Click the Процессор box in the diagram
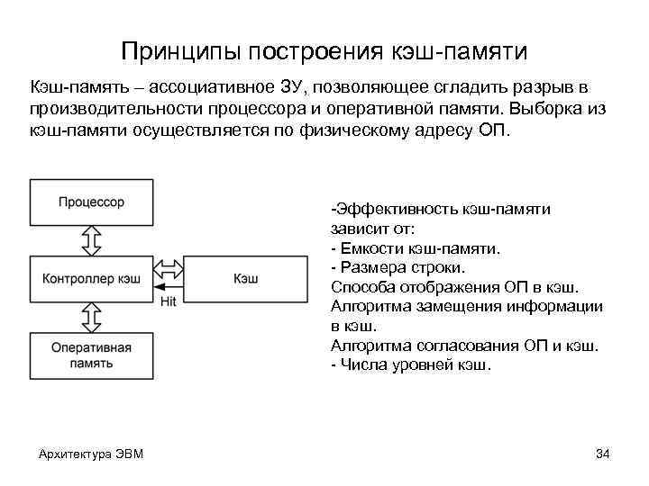[91, 202]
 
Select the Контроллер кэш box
[91, 278]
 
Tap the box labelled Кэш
[245, 278]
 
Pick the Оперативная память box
[91, 355]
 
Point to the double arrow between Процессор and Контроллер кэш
[91, 240]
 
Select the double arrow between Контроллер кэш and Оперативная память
[91, 317]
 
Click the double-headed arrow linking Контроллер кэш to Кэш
[168, 269]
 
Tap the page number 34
[603, 453]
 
